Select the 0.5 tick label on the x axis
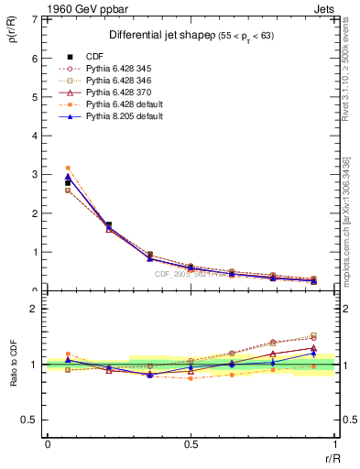[191, 444]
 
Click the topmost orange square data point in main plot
[68, 168]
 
